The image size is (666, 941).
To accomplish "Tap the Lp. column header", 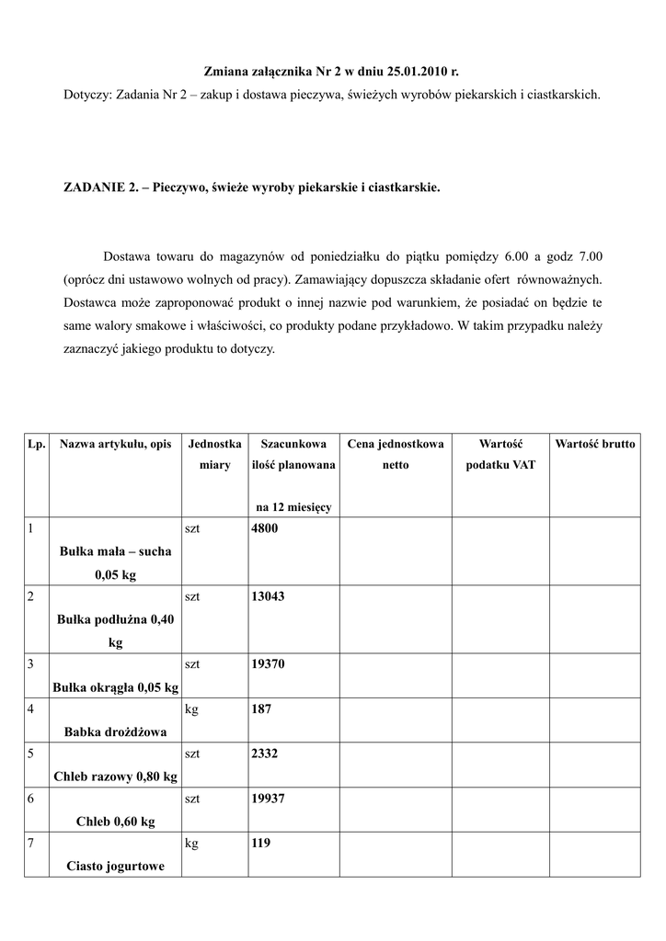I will point(37,444).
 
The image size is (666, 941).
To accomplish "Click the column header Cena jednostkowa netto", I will point(396,454).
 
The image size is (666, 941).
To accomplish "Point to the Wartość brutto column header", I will point(594,444).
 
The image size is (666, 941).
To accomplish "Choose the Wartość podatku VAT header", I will point(500,454).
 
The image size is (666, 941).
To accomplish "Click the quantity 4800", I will point(264,528).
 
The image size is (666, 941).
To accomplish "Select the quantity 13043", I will point(268,596).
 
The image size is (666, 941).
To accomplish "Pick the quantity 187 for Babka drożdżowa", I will point(260,709).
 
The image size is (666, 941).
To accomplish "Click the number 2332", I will point(264,754).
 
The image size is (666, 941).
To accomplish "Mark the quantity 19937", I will point(268,799).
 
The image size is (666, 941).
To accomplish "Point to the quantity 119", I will point(260,844).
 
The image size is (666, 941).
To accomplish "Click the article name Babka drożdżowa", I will point(115,731).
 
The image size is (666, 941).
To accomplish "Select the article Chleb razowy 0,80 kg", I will point(115,777).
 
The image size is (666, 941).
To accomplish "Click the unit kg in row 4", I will point(192,709).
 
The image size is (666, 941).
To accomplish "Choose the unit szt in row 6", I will point(193,799).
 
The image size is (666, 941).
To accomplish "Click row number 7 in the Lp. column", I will point(31,844).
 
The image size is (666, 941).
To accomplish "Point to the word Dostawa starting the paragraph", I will point(130,255).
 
